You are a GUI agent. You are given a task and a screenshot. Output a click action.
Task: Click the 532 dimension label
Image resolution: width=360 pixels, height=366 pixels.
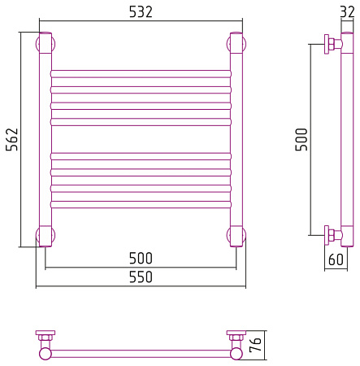[141, 12]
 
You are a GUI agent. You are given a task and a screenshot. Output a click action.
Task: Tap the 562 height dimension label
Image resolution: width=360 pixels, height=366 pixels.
[12, 139]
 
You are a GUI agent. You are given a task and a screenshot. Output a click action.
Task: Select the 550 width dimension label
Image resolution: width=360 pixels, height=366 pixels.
[141, 277]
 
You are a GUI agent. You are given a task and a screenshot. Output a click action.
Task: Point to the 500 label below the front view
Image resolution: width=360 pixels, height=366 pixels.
[141, 258]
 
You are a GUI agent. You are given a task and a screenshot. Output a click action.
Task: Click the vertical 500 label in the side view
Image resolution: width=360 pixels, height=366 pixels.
[301, 139]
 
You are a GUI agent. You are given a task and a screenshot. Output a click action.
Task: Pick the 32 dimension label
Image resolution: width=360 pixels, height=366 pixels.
[347, 12]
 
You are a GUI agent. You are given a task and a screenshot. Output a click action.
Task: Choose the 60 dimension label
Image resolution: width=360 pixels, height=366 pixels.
[336, 259]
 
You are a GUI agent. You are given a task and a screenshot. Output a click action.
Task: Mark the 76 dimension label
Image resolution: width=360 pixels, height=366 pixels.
[255, 345]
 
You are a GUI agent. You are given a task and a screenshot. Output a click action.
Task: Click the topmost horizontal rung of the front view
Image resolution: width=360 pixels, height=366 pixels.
[141, 74]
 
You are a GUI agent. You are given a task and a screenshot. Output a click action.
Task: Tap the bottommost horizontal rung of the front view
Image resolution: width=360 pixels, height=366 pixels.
[141, 204]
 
